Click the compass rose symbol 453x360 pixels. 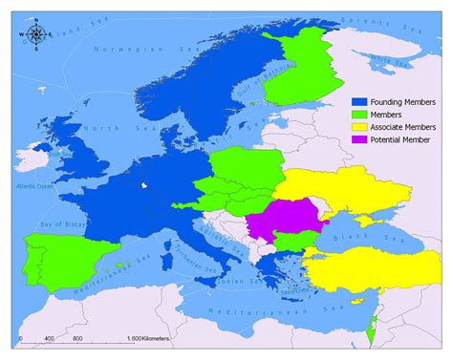click(36, 35)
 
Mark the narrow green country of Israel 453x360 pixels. click(369, 332)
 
